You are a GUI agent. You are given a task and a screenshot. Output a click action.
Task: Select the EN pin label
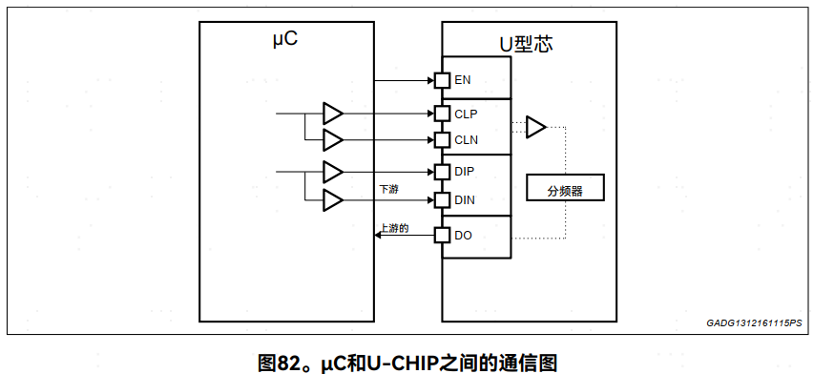point(463,80)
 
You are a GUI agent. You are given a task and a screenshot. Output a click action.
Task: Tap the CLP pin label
point(466,114)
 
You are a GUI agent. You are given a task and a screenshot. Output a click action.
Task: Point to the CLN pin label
point(466,140)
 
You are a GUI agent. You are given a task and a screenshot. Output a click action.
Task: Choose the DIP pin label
point(465,172)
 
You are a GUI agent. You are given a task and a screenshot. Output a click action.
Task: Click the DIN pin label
point(465,200)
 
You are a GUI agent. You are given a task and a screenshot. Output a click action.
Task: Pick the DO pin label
point(463,235)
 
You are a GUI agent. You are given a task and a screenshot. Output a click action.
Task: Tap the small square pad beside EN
point(442,80)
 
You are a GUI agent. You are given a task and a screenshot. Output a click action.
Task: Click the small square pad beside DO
point(442,235)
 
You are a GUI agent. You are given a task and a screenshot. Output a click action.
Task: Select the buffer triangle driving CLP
point(332,114)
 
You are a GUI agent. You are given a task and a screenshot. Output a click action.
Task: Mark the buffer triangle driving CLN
point(332,140)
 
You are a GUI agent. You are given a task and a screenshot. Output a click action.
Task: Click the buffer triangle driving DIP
point(332,172)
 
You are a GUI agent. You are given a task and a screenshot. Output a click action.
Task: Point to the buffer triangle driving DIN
point(332,200)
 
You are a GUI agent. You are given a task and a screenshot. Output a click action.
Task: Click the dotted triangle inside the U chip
point(536,126)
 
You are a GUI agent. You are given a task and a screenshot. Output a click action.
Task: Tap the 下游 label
point(388,189)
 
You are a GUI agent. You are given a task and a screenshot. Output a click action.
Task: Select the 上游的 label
point(394,228)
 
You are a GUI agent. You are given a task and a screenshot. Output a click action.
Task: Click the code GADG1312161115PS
point(755,324)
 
